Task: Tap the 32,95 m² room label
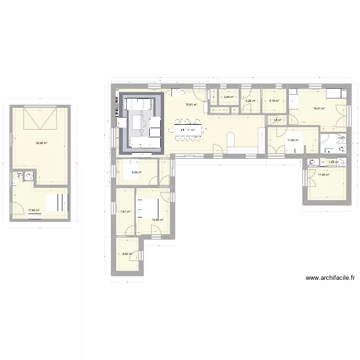(x=41, y=143)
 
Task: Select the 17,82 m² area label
(x=33, y=210)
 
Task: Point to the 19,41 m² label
(x=319, y=108)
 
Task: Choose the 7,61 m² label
(x=126, y=212)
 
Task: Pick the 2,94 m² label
(x=228, y=97)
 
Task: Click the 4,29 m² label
(x=251, y=101)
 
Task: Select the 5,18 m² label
(x=274, y=101)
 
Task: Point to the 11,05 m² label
(x=324, y=175)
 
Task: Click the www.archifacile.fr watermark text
(x=330, y=277)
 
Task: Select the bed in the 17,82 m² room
(x=57, y=202)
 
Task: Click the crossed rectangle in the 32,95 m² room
(x=41, y=118)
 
